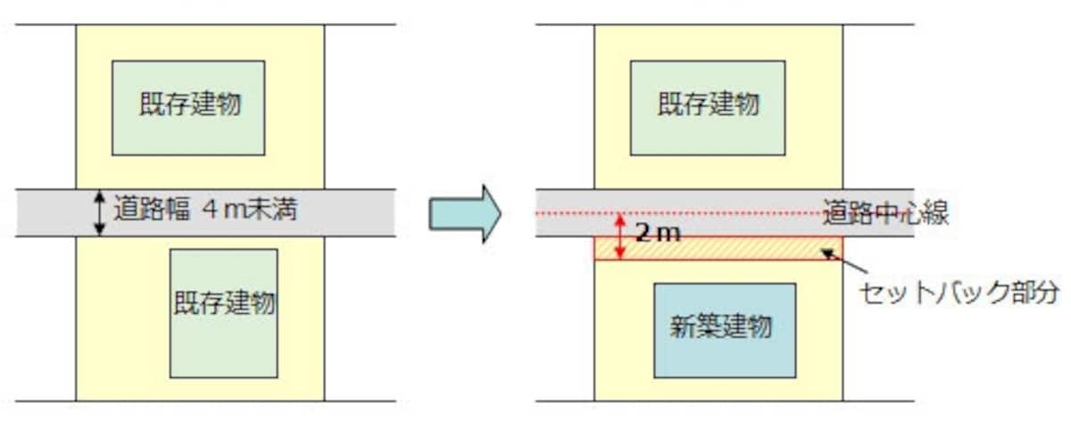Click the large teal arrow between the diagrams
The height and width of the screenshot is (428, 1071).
pyautogui.click(x=465, y=213)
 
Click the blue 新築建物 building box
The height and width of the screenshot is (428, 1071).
pyautogui.click(x=725, y=331)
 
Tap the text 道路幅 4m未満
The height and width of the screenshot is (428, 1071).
pyautogui.click(x=205, y=210)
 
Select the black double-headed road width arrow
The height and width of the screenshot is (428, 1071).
pyautogui.click(x=99, y=213)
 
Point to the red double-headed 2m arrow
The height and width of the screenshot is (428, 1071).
pyautogui.click(x=619, y=236)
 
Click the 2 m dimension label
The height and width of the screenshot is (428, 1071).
pyautogui.click(x=658, y=233)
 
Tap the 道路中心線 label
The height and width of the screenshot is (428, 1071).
pyautogui.click(x=885, y=212)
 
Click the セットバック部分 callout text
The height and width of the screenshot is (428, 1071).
pyautogui.click(x=959, y=292)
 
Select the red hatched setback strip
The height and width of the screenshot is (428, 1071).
pyautogui.click(x=718, y=248)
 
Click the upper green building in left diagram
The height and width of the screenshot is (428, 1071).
pyautogui.click(x=188, y=108)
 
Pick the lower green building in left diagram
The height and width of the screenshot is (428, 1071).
pyautogui.click(x=224, y=313)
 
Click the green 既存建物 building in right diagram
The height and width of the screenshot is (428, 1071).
pyautogui.click(x=708, y=108)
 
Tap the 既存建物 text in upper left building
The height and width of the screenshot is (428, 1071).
pyautogui.click(x=190, y=103)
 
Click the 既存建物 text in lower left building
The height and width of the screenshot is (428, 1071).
pyautogui.click(x=224, y=302)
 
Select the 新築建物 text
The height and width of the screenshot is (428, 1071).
pyautogui.click(x=721, y=326)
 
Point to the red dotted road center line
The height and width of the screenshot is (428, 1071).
pyautogui.click(x=725, y=213)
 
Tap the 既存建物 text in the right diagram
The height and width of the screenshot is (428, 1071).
pyautogui.click(x=709, y=103)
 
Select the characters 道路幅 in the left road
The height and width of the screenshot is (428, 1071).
pyautogui.click(x=152, y=210)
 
